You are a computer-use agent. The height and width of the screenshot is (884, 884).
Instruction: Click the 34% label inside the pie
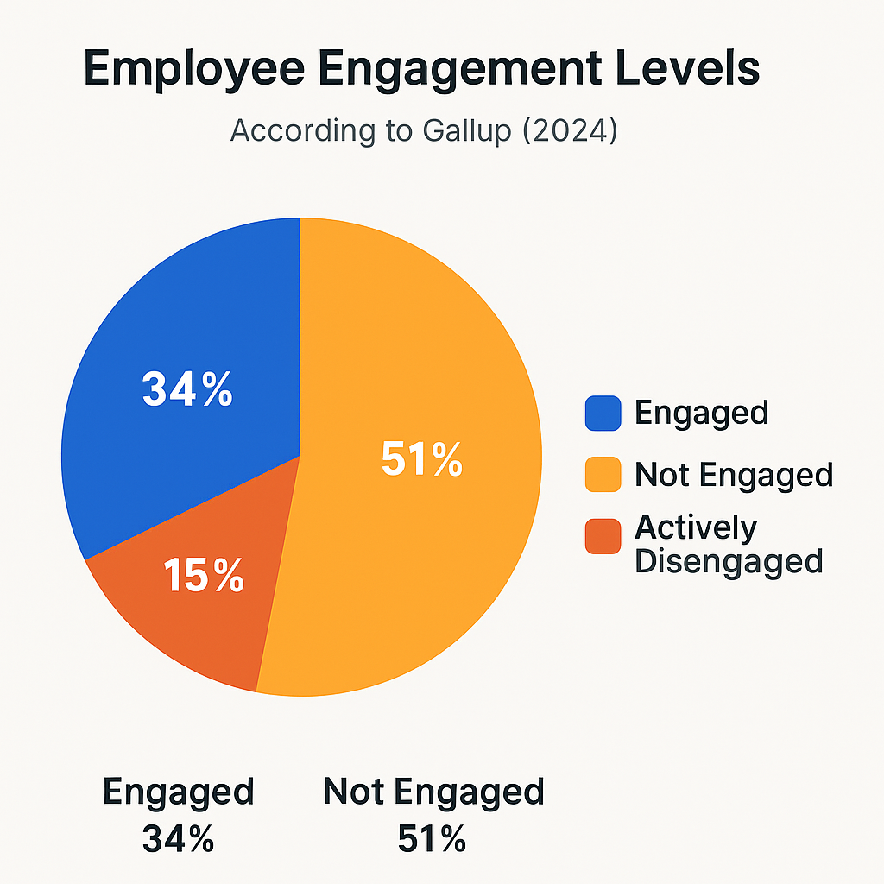pyautogui.click(x=187, y=390)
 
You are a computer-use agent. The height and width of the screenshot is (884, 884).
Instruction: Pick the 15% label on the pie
pyautogui.click(x=204, y=576)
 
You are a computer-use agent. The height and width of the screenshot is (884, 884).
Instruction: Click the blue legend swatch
pyautogui.click(x=603, y=413)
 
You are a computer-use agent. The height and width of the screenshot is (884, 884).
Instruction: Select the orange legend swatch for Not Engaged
pyautogui.click(x=603, y=475)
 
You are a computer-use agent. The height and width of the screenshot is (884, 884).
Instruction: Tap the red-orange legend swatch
pyautogui.click(x=603, y=536)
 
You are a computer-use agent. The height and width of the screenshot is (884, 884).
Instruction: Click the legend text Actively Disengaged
pyautogui.click(x=728, y=544)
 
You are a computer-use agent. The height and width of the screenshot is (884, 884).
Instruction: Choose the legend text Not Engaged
pyautogui.click(x=734, y=474)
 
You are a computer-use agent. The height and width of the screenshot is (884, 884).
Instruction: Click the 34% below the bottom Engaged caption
pyautogui.click(x=179, y=839)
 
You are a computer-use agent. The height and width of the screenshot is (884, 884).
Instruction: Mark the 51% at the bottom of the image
pyautogui.click(x=433, y=839)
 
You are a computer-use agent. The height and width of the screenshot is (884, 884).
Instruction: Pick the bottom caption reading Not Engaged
pyautogui.click(x=433, y=792)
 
